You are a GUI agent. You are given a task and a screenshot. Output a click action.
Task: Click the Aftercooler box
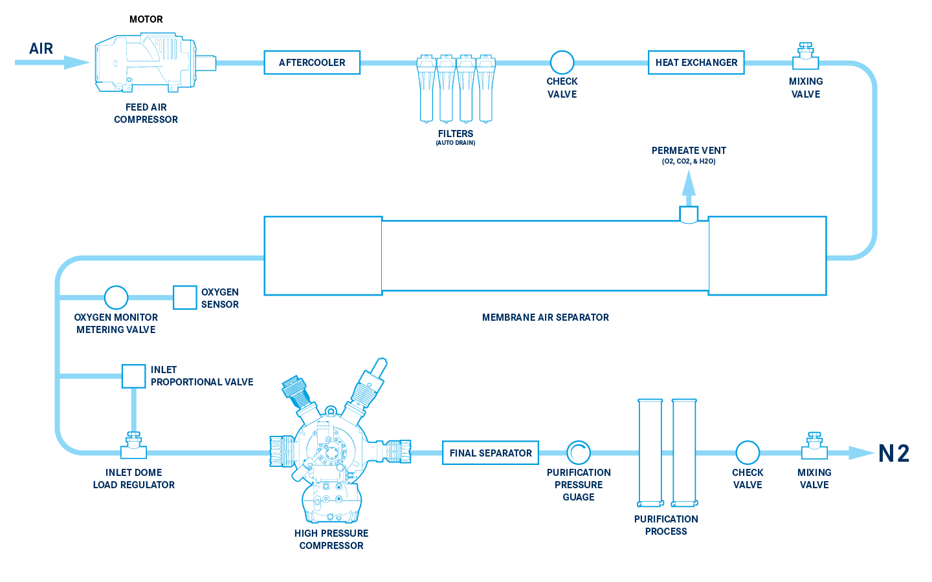pos(312,63)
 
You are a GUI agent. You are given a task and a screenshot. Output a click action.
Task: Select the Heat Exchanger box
pos(696,63)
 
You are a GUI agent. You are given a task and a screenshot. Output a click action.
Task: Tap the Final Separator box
pos(491,453)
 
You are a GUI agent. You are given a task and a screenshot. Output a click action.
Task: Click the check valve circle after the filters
pos(562,63)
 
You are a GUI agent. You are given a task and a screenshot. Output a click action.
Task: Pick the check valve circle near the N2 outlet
pos(748,453)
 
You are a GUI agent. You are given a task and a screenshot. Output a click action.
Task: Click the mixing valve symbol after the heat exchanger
pos(806,58)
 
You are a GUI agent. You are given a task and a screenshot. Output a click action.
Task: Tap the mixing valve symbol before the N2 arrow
pos(814,447)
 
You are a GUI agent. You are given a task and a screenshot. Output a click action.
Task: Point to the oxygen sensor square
pos(185,297)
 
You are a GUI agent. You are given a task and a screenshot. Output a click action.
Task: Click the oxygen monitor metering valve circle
pos(116,297)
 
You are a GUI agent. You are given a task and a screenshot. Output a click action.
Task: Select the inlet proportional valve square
pos(134,376)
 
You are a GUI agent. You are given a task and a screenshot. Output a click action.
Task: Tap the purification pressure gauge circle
pos(579,453)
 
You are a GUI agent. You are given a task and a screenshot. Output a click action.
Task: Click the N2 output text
pos(894,453)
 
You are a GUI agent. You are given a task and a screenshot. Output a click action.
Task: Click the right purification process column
pos(684,453)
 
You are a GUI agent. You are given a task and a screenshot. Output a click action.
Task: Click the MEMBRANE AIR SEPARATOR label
pos(545,318)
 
